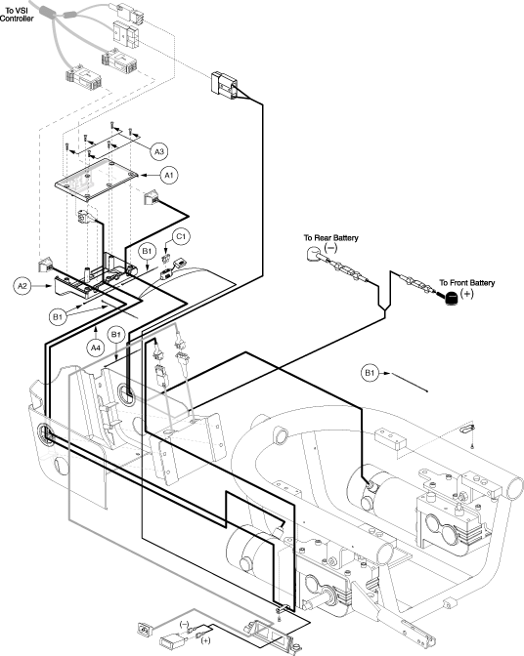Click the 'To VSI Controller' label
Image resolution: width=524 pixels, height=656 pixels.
17,15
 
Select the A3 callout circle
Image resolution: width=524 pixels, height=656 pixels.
159,151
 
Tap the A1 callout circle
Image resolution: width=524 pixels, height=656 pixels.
169,175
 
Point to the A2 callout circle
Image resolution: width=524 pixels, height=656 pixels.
22,286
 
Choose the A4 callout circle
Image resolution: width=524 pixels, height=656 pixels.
97,348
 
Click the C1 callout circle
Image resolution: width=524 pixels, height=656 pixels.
181,237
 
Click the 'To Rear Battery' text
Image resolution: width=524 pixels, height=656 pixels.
330,238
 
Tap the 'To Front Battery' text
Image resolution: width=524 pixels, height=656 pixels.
466,283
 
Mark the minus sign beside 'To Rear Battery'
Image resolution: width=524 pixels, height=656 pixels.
330,248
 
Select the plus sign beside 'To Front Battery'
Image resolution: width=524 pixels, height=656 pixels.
466,293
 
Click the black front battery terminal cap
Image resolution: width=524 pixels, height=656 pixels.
451,299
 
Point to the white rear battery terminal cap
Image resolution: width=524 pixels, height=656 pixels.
313,254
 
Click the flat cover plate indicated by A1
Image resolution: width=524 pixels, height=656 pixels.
97,179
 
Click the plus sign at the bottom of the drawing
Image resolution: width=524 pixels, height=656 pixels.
205,640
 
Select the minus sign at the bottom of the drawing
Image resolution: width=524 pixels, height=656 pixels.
185,624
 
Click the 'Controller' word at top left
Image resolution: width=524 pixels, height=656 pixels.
17,19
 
